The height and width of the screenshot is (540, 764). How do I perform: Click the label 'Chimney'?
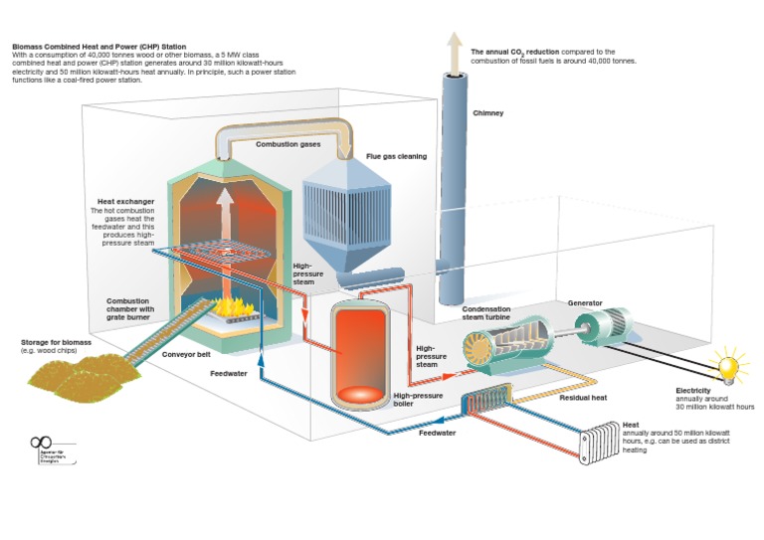click(487, 113)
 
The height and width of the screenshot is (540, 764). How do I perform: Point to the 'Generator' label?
click(585, 302)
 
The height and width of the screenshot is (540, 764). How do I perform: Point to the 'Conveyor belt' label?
click(184, 354)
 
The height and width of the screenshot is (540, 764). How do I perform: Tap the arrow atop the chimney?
click(455, 46)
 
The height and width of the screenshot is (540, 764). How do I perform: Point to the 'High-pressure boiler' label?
click(419, 399)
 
